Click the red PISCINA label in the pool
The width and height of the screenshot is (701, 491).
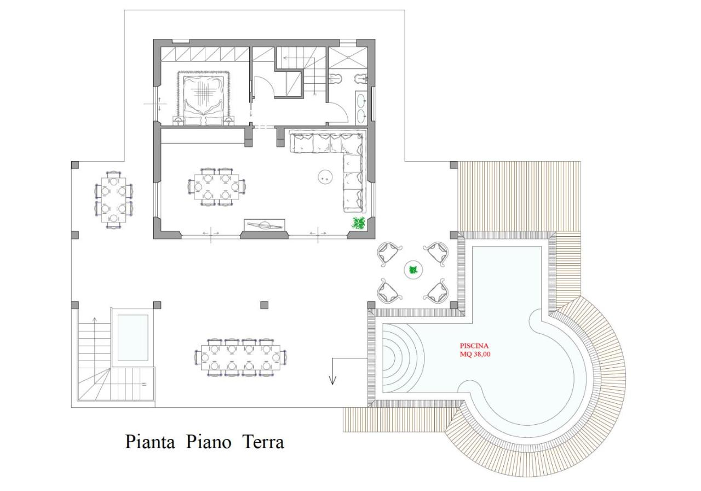(474, 346)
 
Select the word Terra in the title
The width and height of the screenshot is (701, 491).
(263, 442)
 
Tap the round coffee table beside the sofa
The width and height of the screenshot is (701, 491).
(325, 176)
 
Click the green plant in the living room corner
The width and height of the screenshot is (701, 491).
(359, 223)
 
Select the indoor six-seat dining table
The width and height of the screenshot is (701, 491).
(216, 187)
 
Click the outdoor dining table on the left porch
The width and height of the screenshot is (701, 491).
(114, 199)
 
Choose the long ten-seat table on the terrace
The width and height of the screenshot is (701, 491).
(241, 357)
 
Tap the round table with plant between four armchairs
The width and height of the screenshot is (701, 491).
(413, 270)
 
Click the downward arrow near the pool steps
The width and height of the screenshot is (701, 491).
(332, 378)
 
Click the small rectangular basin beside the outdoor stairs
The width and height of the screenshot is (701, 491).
(133, 338)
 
